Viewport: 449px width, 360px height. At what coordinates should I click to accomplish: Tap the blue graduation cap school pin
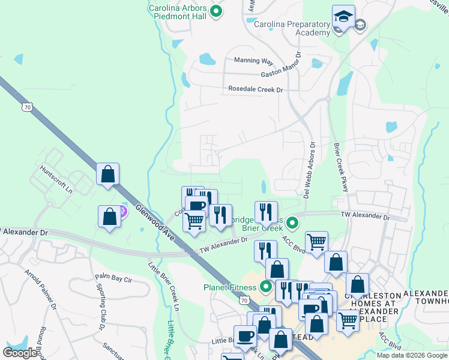(343, 17)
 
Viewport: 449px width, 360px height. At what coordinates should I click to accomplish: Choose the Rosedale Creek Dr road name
(255, 89)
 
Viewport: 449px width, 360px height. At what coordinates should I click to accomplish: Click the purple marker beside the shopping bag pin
(122, 211)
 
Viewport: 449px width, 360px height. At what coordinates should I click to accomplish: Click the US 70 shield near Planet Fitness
(243, 299)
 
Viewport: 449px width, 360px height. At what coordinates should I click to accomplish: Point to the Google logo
(20, 353)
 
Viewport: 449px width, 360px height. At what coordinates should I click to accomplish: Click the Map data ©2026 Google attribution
(412, 355)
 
